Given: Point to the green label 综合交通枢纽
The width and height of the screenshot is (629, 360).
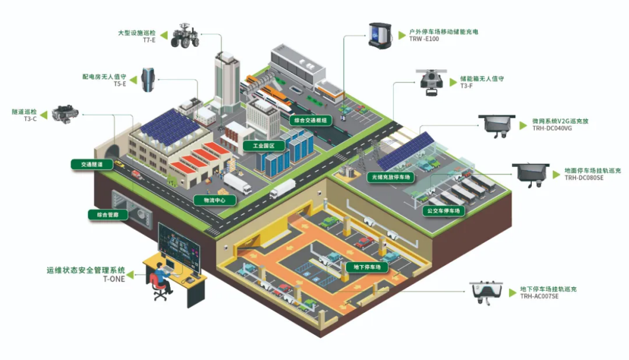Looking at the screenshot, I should tap(311, 121).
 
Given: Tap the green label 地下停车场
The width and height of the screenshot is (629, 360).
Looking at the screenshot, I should tap(367, 267).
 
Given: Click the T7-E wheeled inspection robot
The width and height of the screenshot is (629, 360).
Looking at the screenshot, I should tap(185, 36).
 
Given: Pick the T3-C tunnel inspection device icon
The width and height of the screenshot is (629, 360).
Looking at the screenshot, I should tap(64, 113).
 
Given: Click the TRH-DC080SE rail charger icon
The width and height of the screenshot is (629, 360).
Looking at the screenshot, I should tap(531, 174).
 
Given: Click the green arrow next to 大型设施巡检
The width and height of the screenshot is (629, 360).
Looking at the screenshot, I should tap(164, 36).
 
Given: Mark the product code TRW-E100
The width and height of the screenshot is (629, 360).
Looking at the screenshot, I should tap(424, 39).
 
